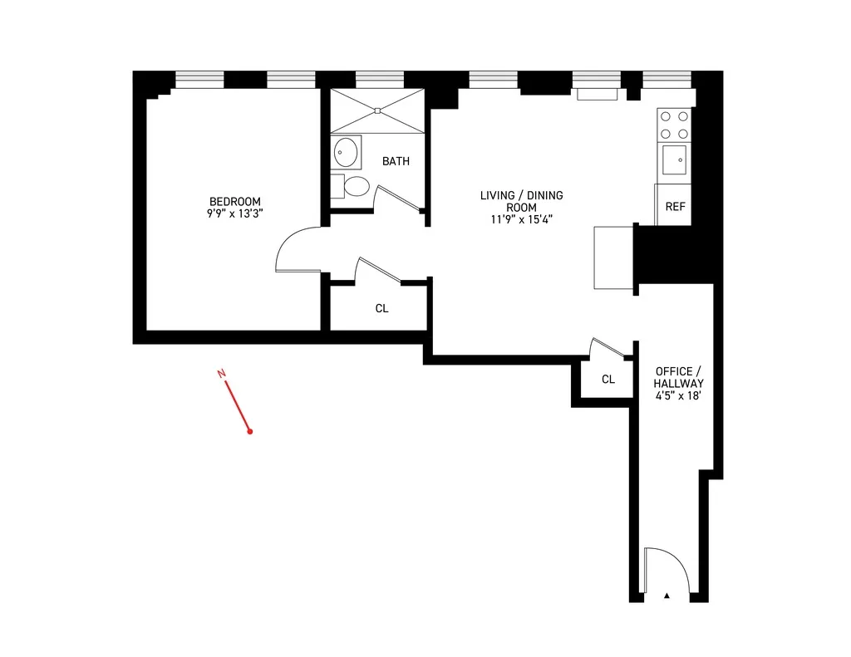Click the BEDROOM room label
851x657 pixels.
[234, 202]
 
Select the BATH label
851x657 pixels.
[396, 161]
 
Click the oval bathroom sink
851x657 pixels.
[347, 153]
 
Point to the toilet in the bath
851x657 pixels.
[352, 185]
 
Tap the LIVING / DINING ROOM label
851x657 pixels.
[521, 202]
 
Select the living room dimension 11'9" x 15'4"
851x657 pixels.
[521, 220]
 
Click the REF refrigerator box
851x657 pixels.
[675, 206]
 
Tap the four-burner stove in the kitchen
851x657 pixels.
[675, 125]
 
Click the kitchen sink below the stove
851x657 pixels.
[674, 157]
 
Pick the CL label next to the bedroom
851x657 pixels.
[381, 308]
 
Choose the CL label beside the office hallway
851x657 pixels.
[608, 380]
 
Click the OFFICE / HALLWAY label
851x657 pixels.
[678, 377]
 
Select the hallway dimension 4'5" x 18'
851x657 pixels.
[678, 396]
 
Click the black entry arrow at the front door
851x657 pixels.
[667, 596]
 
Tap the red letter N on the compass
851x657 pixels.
[221, 375]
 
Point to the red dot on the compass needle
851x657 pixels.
[249, 431]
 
